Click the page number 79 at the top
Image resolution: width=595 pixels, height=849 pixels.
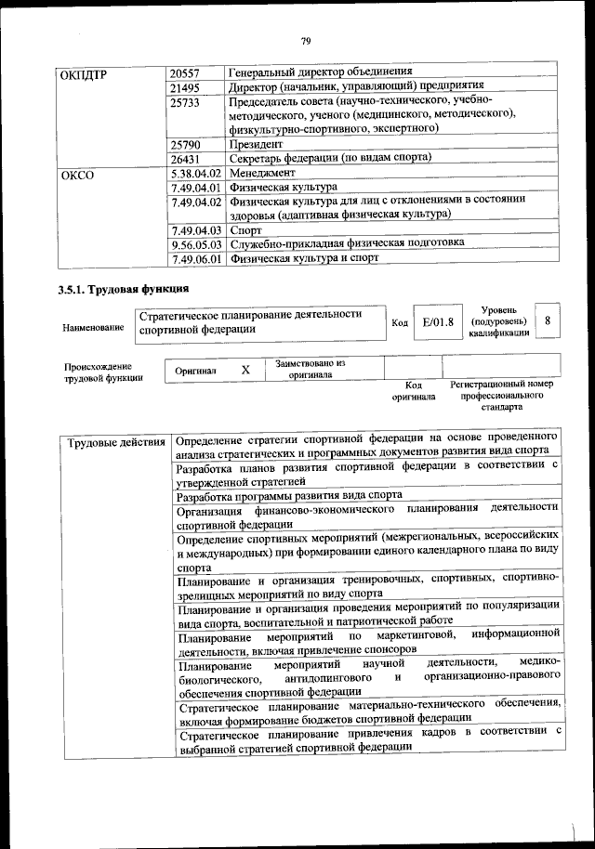(x=304, y=40)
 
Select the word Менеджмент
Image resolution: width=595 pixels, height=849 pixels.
(x=263, y=174)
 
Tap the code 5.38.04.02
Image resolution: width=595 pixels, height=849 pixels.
(x=195, y=174)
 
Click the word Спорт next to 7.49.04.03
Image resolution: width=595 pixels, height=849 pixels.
(x=246, y=229)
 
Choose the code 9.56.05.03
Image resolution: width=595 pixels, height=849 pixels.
(x=195, y=243)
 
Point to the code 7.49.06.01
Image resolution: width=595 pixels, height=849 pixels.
(x=195, y=259)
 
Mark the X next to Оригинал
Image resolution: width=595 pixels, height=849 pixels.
(x=245, y=370)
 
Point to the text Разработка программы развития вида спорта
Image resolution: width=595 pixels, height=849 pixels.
(x=288, y=496)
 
